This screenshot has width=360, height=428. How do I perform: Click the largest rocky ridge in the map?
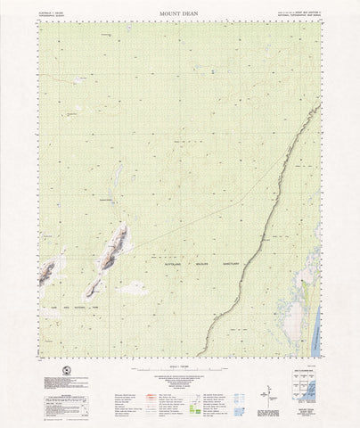[113, 249]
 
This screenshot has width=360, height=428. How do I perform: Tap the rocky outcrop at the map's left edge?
[47, 269]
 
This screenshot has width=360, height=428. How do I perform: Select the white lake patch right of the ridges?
[134, 288]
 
